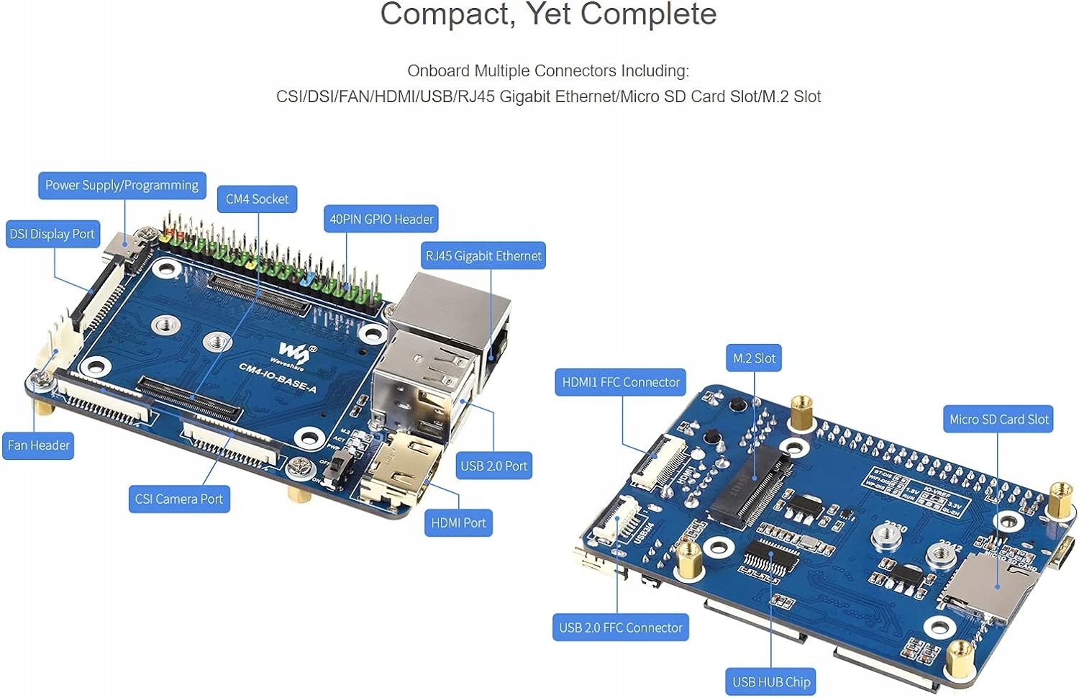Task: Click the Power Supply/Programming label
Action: click(122, 186)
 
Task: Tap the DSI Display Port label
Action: click(52, 234)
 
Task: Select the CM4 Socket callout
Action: click(257, 199)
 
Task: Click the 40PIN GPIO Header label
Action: click(381, 219)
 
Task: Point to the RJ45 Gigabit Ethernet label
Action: click(483, 255)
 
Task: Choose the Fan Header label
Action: click(39, 445)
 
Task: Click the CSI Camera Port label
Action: click(179, 499)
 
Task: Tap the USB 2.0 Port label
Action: click(494, 466)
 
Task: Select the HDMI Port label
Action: click(458, 523)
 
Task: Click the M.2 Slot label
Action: click(754, 358)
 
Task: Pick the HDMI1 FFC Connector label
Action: click(621, 382)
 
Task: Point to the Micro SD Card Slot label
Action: click(999, 420)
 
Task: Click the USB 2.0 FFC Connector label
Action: click(621, 627)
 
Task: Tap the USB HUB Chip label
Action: click(771, 681)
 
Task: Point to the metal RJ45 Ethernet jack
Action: click(450, 309)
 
